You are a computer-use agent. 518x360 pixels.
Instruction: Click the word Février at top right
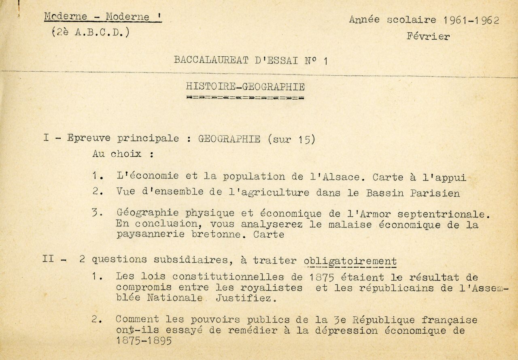tap(428, 36)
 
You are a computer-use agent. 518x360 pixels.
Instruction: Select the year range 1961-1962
tap(471, 20)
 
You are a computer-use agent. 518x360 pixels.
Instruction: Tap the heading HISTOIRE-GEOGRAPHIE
tap(245, 86)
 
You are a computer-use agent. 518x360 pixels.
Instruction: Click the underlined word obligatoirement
tap(350, 261)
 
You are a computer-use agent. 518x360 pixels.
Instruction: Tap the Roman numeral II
tap(48, 258)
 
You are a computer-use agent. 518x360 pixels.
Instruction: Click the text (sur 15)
tap(291, 139)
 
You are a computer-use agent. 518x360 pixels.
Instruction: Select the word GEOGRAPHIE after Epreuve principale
tap(229, 138)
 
